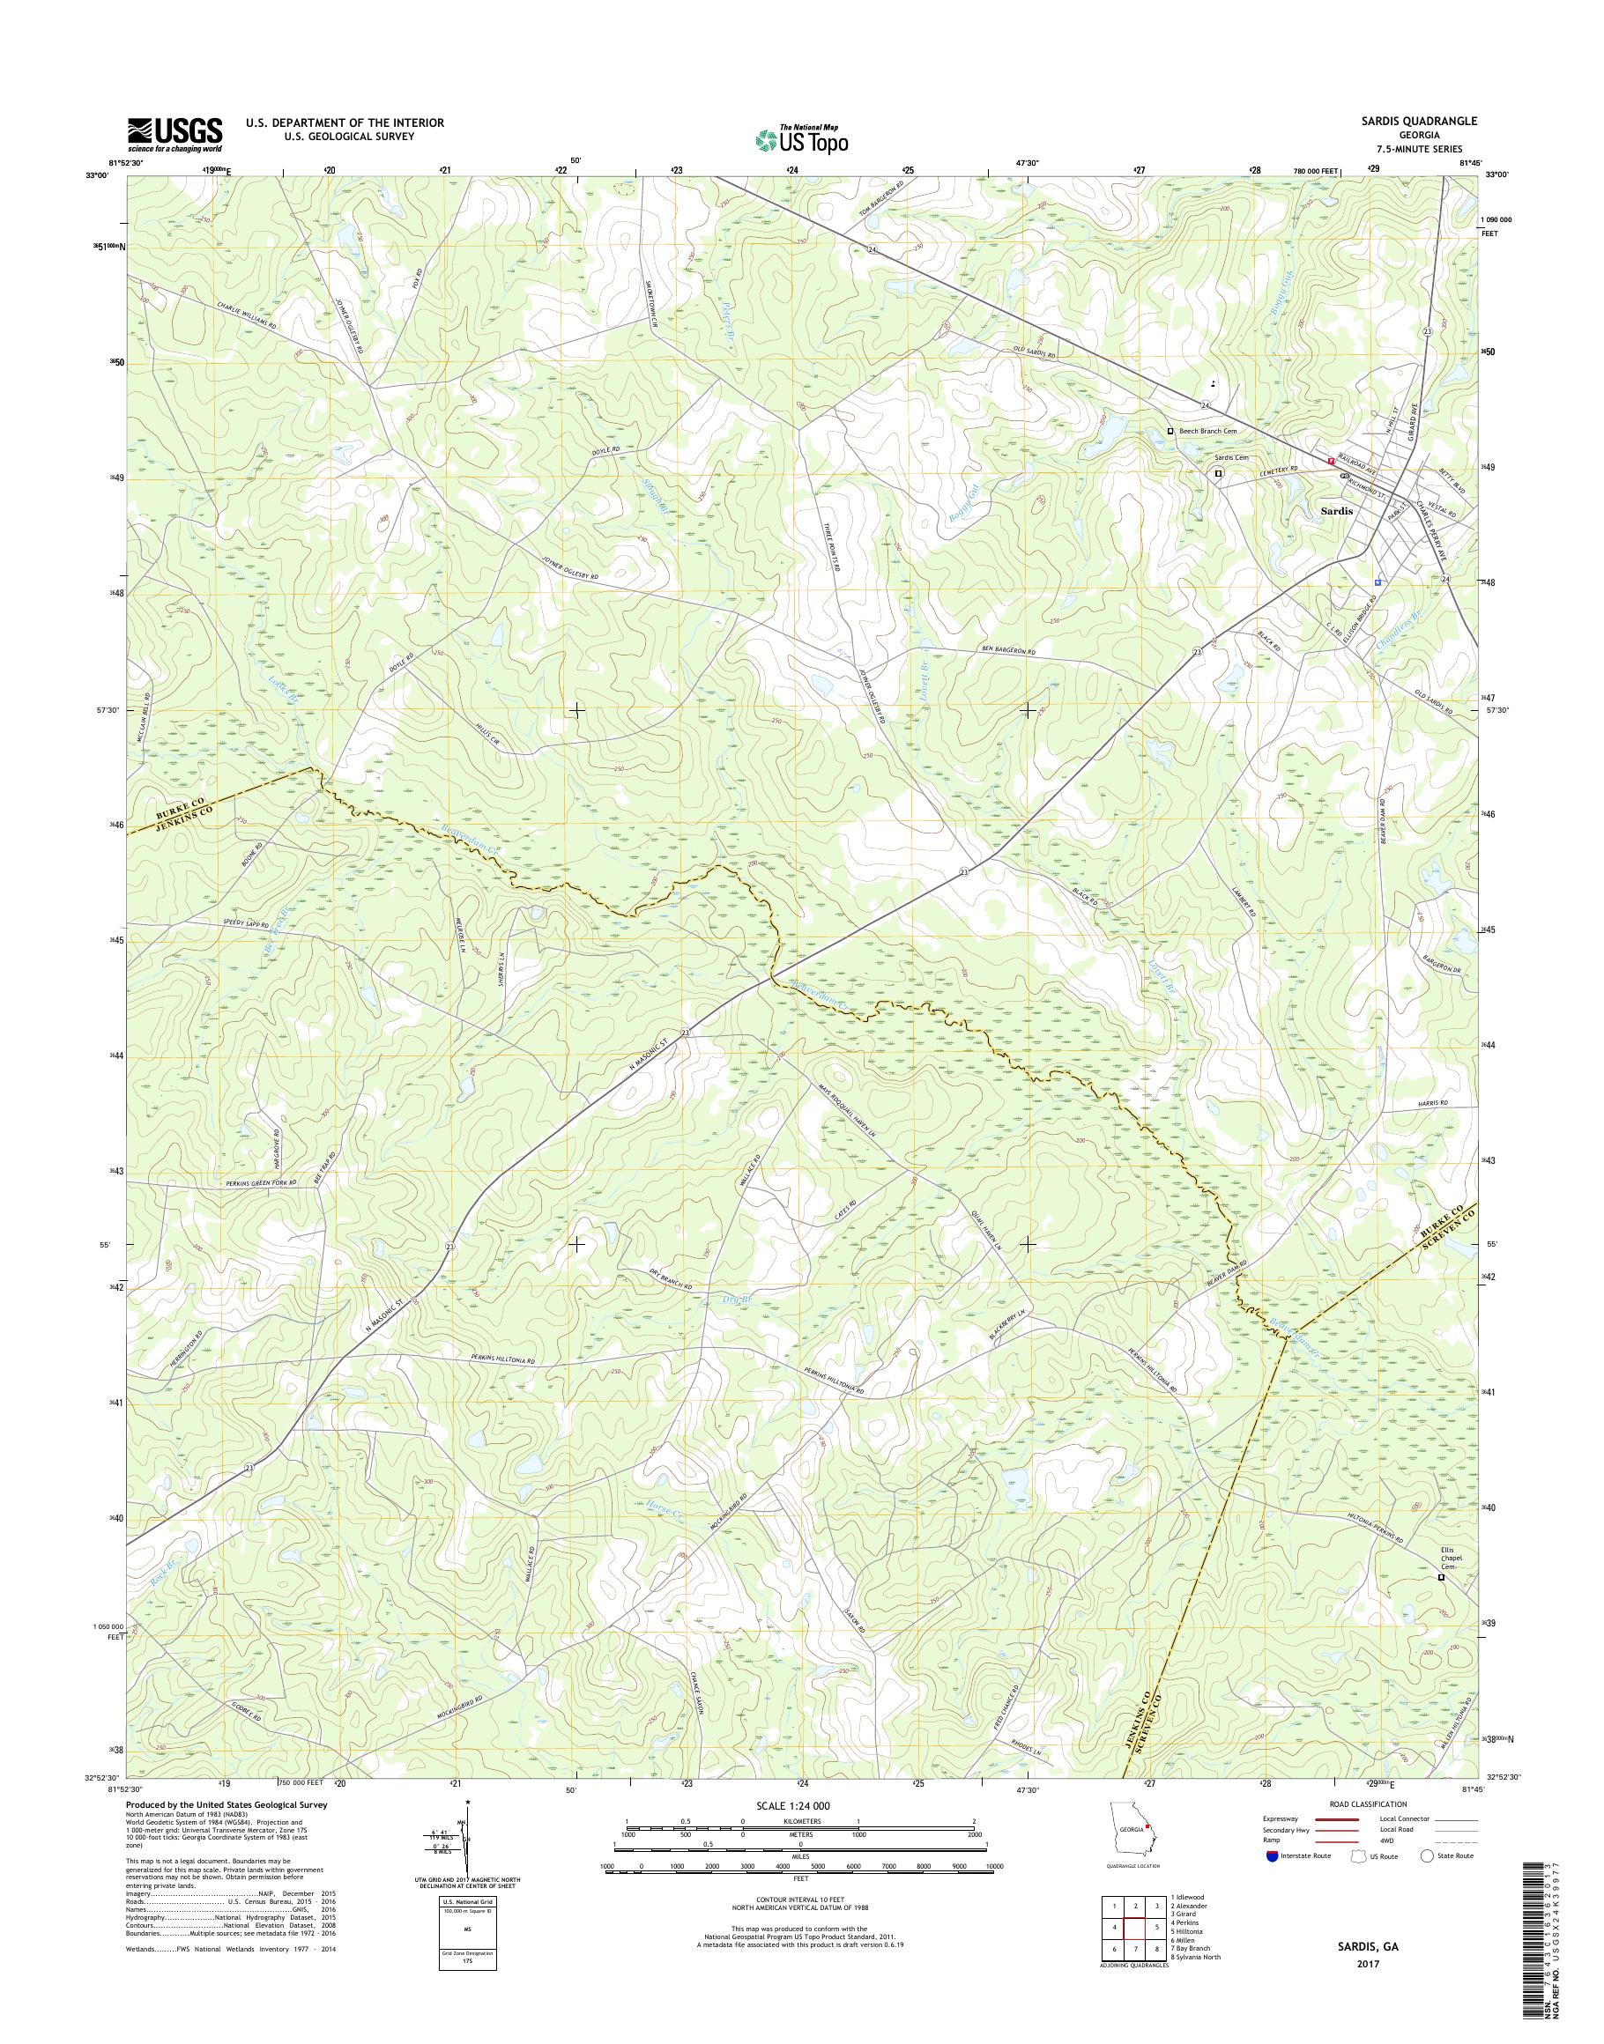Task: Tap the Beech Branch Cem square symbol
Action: [x=1170, y=431]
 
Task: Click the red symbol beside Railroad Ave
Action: [x=1331, y=461]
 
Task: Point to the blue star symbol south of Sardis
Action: [x=1378, y=582]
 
